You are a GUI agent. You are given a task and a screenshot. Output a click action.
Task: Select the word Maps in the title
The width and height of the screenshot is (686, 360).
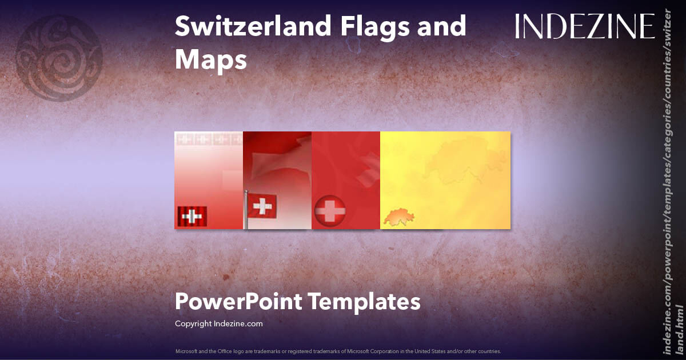click(x=211, y=59)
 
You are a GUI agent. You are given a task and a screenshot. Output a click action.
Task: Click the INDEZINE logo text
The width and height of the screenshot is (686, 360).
click(x=585, y=26)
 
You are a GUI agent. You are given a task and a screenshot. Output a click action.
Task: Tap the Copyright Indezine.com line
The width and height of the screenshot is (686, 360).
click(x=218, y=323)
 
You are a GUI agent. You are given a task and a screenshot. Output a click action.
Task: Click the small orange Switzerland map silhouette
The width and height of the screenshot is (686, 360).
click(x=398, y=217)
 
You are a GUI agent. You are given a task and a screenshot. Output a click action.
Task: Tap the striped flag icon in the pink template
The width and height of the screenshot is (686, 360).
click(x=192, y=216)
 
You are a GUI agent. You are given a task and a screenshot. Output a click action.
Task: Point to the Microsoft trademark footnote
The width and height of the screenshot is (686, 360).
click(x=338, y=351)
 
